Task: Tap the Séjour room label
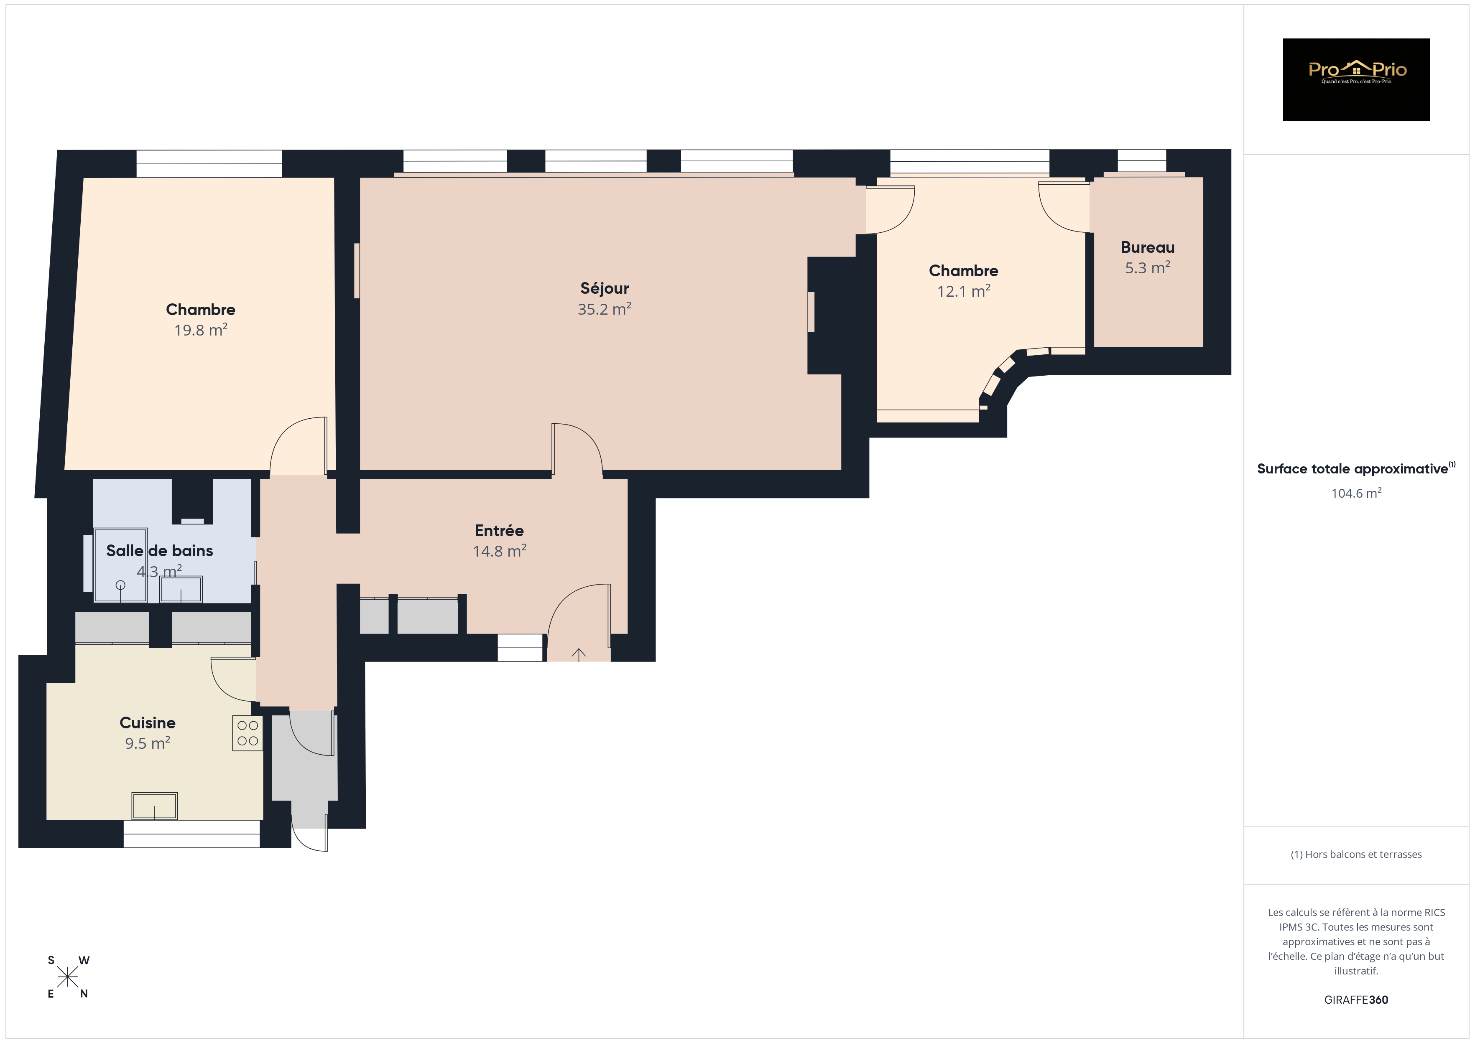[x=605, y=288]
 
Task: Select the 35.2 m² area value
[x=605, y=309]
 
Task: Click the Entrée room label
[x=499, y=531]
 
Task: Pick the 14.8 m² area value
[x=500, y=551]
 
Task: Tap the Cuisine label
[x=148, y=722]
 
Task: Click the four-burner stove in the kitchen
[x=248, y=733]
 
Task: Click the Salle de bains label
[x=159, y=550]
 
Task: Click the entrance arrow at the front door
[x=579, y=654]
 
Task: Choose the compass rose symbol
[x=67, y=977]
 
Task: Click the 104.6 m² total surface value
[x=1356, y=493]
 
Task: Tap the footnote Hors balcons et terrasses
[x=1356, y=854]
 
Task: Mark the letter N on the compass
[x=84, y=994]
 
